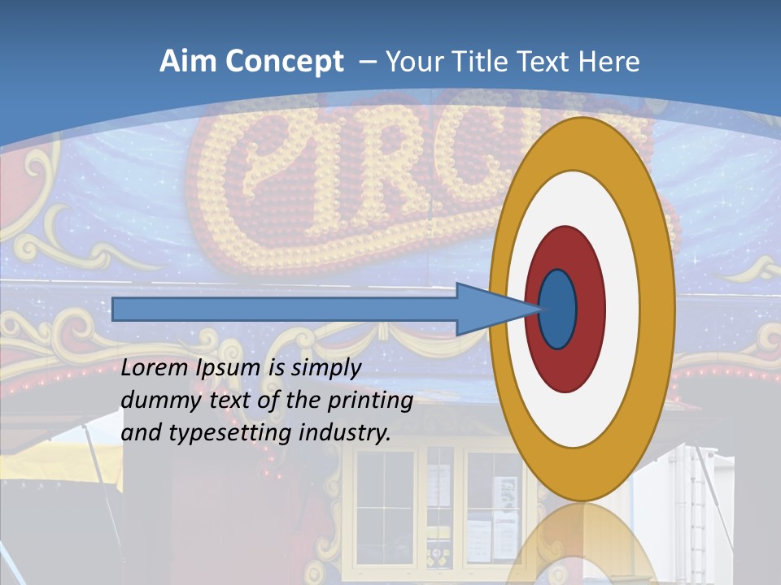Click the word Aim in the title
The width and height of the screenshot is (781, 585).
(187, 62)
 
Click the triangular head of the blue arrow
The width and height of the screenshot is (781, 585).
(488, 309)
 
